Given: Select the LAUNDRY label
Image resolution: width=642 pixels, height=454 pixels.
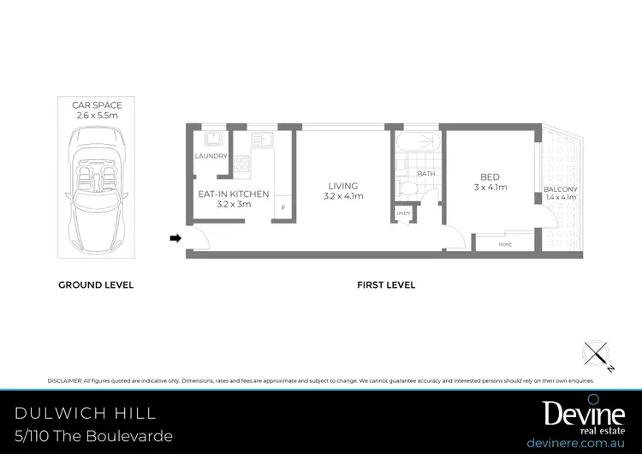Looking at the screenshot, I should pos(211,156).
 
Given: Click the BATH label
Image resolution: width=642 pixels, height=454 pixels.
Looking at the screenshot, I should pos(426,174).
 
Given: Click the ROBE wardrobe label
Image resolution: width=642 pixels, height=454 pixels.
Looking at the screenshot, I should pos(506,244).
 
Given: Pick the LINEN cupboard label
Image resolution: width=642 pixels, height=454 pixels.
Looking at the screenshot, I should pos(403,213).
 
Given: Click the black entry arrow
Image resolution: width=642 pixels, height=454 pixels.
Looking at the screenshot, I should pos(175,238).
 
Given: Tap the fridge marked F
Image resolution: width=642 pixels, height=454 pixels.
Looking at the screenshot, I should pos(282,208).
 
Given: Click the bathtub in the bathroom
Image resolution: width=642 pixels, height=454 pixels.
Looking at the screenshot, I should pos(417,141).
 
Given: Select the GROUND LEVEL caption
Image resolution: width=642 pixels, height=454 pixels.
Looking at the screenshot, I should pos(96,284).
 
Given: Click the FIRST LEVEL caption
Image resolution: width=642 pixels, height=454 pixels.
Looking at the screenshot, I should pos(386,284).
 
